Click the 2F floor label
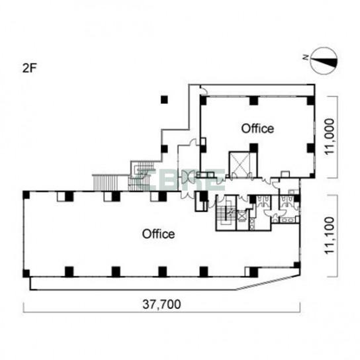[30, 68]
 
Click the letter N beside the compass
[306, 58]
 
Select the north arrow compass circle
[324, 61]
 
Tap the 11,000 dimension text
[330, 136]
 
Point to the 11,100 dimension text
[330, 235]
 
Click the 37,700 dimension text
[161, 304]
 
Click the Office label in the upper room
[257, 128]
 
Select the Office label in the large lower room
[158, 234]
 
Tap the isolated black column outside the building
[164, 100]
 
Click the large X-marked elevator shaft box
[240, 164]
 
